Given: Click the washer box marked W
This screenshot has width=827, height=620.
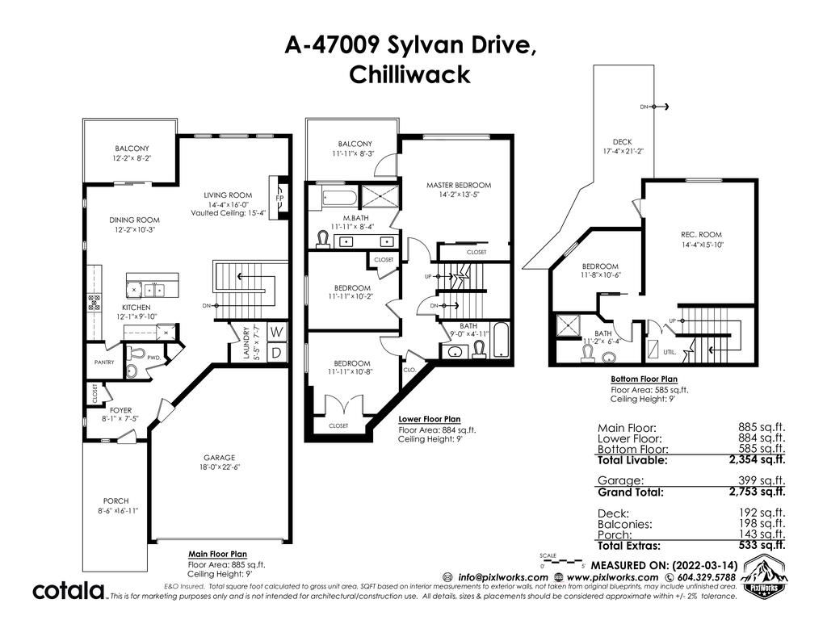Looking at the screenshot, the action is [276, 332].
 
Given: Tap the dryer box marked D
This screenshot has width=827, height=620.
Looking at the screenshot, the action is [276, 353].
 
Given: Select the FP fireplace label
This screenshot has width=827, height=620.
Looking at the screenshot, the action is [279, 199].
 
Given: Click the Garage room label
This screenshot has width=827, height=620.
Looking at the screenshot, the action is [220, 458].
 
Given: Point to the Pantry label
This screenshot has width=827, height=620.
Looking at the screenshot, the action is [104, 362].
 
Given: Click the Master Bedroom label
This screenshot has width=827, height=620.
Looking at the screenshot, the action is [459, 185].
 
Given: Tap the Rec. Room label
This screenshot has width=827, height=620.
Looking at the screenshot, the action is [701, 235].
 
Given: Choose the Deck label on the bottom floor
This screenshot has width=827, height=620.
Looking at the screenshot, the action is [623, 142].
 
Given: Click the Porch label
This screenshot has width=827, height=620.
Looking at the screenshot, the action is [116, 501].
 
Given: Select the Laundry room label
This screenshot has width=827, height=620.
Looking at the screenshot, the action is [246, 342].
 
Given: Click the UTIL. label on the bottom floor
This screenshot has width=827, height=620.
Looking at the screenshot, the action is [670, 352].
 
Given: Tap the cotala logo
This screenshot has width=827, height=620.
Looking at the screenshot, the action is [69, 590].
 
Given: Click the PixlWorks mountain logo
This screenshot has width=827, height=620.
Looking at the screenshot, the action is [763, 578].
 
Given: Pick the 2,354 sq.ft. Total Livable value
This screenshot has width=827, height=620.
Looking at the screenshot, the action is [758, 459].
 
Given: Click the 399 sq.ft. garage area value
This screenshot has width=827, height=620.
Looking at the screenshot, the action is [762, 481].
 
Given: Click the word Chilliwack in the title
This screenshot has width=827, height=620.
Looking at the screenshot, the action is [409, 74].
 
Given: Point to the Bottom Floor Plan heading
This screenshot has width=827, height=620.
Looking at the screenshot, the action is [644, 379].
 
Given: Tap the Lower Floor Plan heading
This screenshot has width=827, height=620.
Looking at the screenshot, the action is [430, 419].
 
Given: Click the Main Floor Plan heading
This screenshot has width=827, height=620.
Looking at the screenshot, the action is [217, 554].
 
